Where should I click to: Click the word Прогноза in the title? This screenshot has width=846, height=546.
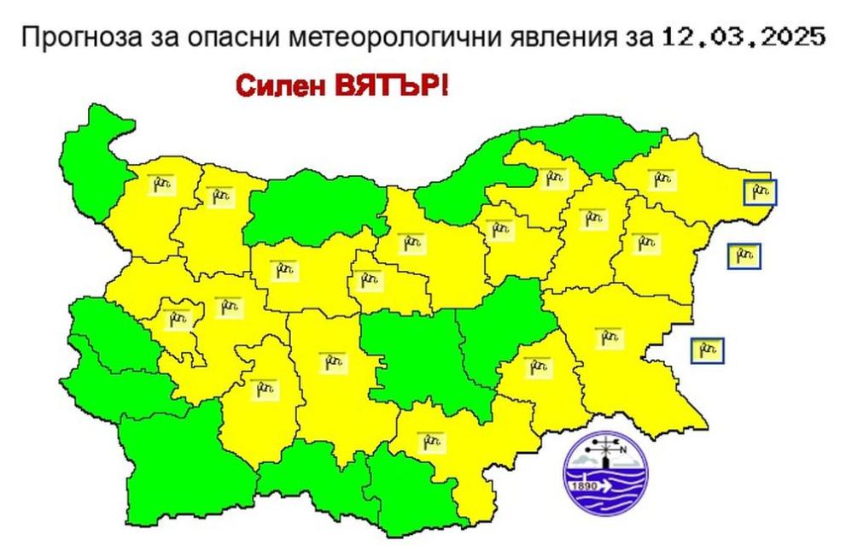click(x=74, y=38)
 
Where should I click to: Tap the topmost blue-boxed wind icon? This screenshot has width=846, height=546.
click(x=760, y=192)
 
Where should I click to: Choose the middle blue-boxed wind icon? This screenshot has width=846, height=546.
click(x=744, y=255)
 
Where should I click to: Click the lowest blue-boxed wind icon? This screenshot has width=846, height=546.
click(x=707, y=349)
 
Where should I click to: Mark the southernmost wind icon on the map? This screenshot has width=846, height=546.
click(x=432, y=442)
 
